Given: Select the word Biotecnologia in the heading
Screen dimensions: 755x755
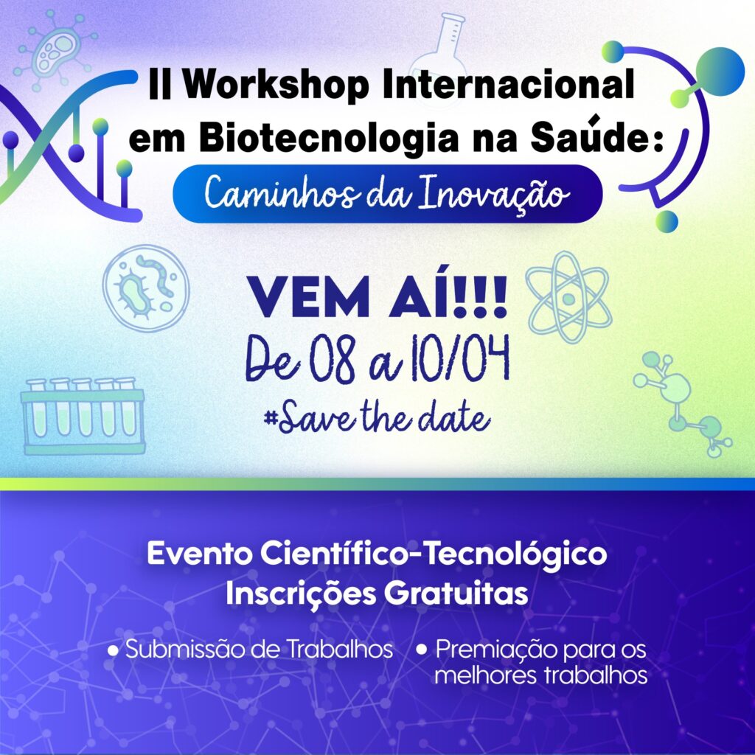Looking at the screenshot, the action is point(328,138).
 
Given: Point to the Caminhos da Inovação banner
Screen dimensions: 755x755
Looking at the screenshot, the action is point(388,194).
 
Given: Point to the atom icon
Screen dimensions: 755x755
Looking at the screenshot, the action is point(568,298).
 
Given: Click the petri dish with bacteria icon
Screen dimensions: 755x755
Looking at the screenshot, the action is point(146,288).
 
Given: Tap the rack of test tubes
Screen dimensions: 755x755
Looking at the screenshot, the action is point(83,416).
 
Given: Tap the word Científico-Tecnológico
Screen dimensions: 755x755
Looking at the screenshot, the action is point(434,553).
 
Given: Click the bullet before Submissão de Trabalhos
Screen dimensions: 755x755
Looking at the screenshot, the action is point(114,651).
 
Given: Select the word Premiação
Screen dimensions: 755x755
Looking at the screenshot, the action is point(496,650).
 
